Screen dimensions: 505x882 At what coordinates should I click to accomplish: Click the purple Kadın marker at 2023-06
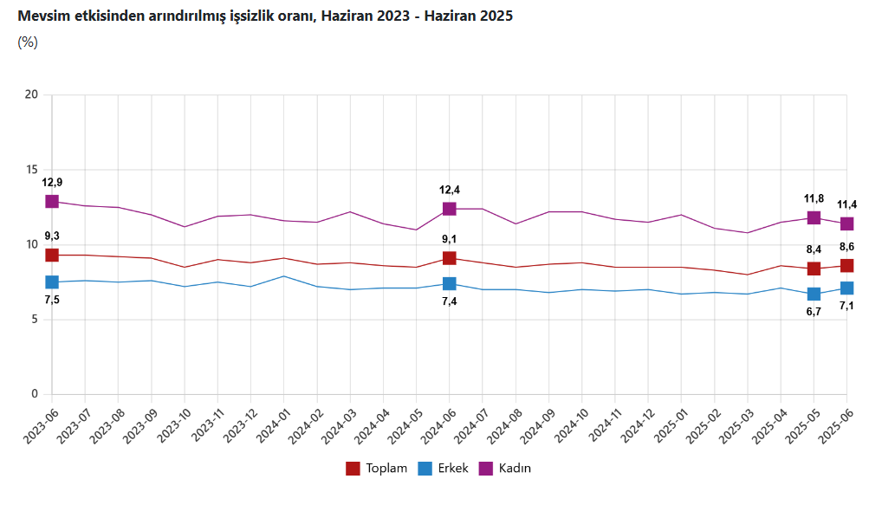[52, 201]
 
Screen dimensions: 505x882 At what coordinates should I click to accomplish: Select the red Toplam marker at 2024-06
[450, 258]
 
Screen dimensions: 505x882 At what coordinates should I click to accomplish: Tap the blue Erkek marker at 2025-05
[814, 294]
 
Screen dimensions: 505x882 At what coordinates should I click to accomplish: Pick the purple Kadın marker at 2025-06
[846, 223]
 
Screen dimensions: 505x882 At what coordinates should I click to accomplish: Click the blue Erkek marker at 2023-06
[52, 282]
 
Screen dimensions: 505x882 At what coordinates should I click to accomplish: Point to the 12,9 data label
[52, 182]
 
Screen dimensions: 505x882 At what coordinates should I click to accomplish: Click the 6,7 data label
[814, 312]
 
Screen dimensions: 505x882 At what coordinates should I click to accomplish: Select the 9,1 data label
[450, 239]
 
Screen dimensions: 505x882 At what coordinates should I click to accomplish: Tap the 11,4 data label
[846, 204]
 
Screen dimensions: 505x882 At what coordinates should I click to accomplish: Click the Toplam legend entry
[377, 469]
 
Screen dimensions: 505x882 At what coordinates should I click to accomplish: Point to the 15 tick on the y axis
[33, 170]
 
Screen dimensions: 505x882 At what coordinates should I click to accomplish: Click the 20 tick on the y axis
[33, 94]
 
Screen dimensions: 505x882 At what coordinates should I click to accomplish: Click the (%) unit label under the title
[28, 42]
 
